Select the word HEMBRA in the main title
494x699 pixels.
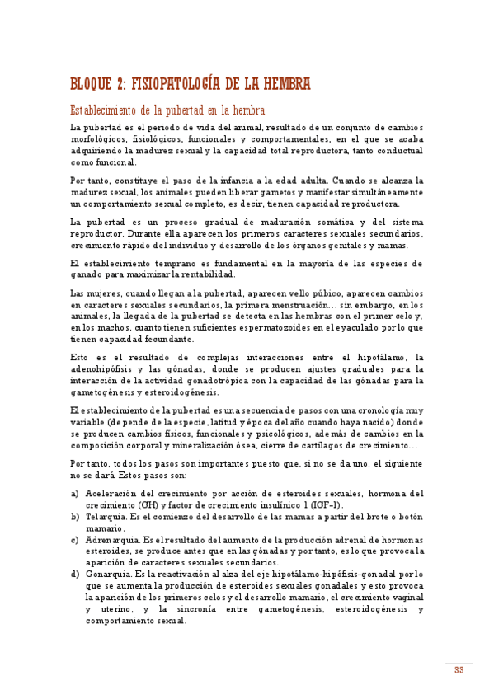click(284, 84)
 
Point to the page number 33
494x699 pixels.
click(459, 670)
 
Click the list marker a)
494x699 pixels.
click(75, 493)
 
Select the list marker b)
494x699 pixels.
click(75, 516)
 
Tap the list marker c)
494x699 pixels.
click(75, 539)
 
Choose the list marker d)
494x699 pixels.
click(75, 574)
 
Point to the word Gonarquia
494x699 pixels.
click(108, 574)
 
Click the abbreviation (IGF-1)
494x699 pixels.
click(325, 504)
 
